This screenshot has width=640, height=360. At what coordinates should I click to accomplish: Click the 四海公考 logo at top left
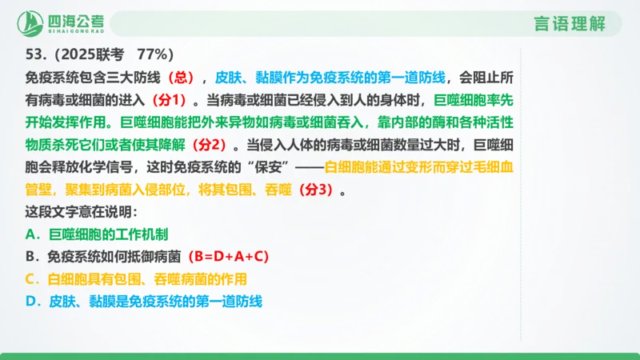click(59, 22)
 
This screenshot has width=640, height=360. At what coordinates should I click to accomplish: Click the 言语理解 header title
click(569, 23)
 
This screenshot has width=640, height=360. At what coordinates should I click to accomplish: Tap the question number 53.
click(34, 55)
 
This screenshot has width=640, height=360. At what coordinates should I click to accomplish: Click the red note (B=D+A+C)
click(228, 257)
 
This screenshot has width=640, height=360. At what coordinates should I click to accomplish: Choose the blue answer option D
click(144, 302)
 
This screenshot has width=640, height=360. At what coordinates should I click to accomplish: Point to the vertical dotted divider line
click(521, 200)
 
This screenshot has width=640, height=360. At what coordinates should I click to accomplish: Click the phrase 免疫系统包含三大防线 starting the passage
click(89, 78)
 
